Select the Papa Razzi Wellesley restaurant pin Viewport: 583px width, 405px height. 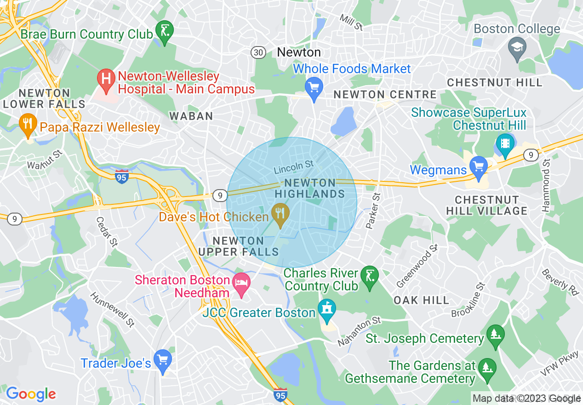(x=29, y=124)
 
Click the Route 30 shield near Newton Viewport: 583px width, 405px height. (x=258, y=52)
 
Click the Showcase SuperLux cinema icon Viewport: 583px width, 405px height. (x=505, y=143)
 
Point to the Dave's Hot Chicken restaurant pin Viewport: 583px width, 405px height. (x=280, y=214)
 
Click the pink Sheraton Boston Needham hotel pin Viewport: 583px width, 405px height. (x=241, y=282)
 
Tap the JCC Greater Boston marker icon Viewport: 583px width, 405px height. (x=327, y=308)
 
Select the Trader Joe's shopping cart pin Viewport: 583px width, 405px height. (x=162, y=359)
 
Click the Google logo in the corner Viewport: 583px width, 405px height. (x=31, y=394)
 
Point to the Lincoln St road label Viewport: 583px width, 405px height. (x=293, y=167)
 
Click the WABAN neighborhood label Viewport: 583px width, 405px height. (x=191, y=116)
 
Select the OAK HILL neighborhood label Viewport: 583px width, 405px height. (x=421, y=301)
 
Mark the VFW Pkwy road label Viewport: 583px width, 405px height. (x=559, y=363)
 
